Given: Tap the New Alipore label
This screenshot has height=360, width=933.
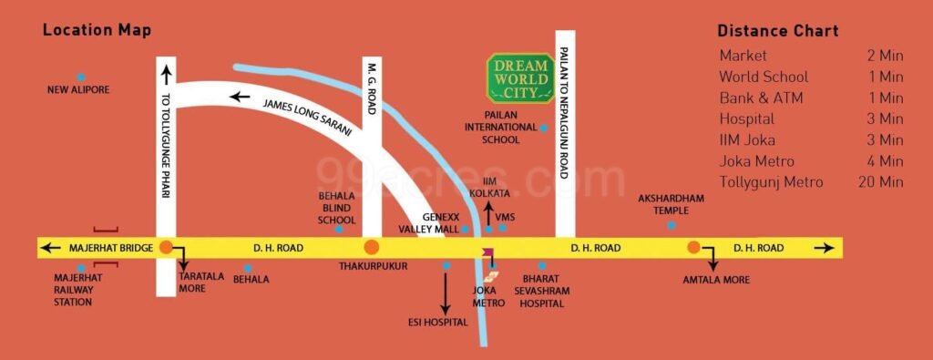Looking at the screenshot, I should pos(78,89).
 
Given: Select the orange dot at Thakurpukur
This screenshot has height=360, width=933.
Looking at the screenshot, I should pos(371,247).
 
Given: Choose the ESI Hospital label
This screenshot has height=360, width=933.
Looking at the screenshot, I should pos(437,322).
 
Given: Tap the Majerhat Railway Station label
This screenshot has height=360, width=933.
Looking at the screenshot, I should pos(77,289).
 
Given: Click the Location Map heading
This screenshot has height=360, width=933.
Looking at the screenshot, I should pos(97,31).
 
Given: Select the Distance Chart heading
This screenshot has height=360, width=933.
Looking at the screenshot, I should pos(777,31).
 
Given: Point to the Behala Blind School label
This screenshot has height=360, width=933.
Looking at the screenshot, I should pos(336,208).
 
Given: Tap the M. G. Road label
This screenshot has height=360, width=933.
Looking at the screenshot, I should pos(372,89).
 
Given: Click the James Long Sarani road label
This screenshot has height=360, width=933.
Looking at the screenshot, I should pos(306,118).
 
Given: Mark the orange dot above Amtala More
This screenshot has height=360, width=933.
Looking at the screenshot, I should pos(693,247).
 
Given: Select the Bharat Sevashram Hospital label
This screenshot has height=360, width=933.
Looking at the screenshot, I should pos(542,291).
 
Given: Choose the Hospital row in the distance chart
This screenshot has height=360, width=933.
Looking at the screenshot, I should pos(746,118).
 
